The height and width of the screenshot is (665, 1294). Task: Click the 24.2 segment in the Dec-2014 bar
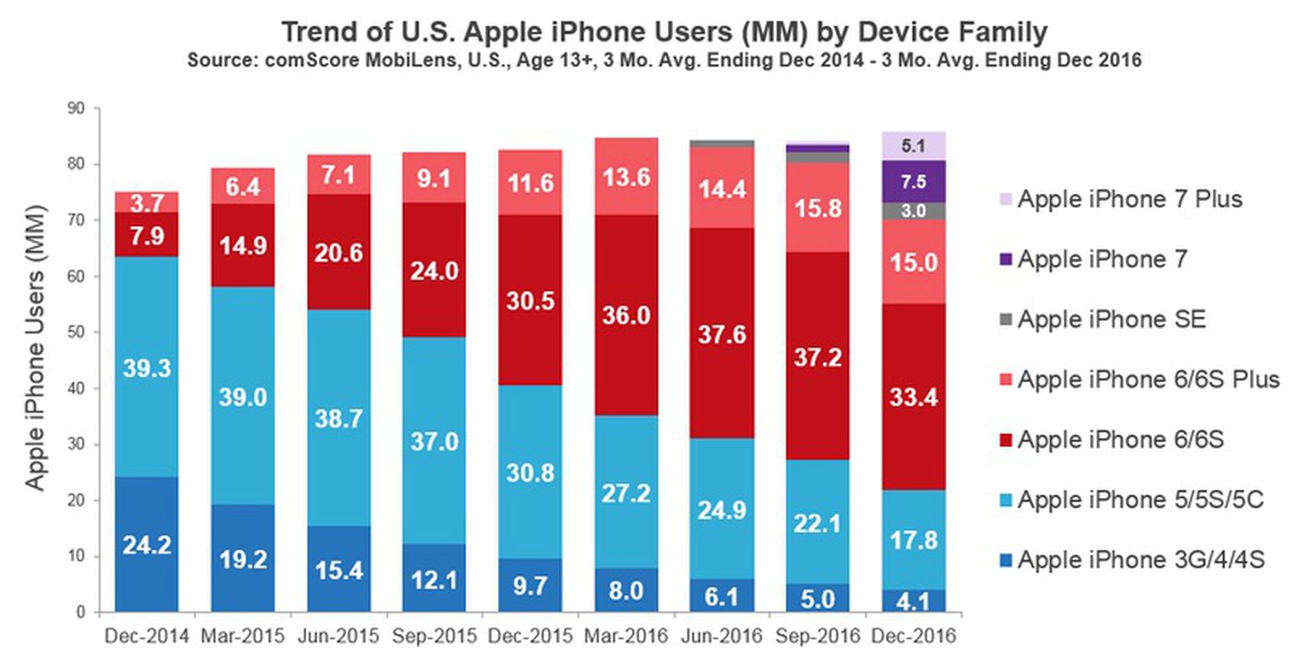[x=146, y=544]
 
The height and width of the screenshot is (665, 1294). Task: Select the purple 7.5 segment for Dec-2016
[x=913, y=181]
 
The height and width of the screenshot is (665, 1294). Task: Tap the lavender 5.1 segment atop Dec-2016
[x=913, y=146]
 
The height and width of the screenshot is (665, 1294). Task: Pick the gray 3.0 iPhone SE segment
[x=913, y=210]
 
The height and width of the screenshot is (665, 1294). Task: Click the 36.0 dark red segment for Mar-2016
[x=626, y=315]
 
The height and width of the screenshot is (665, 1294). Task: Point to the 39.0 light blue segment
[x=243, y=396]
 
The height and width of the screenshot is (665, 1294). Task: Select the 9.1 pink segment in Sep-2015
[x=434, y=177]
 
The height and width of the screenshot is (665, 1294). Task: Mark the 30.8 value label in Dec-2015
[x=530, y=472]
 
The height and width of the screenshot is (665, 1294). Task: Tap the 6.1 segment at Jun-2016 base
[x=721, y=596]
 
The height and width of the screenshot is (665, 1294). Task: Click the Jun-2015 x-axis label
[x=338, y=636]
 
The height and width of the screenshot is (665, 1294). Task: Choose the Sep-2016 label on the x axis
[x=817, y=636]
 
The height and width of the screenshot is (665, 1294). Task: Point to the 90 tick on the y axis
[x=76, y=108]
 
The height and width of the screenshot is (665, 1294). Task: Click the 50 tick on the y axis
[x=76, y=332]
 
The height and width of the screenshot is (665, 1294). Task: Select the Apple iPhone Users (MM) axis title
[x=35, y=348]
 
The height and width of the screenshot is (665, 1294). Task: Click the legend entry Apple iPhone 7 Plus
[x=1129, y=199]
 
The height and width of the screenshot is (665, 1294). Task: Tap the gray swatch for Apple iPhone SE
[x=1006, y=320]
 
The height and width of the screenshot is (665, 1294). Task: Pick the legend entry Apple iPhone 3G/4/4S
[x=1140, y=559]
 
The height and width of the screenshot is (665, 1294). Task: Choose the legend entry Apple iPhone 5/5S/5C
[x=1140, y=499]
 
